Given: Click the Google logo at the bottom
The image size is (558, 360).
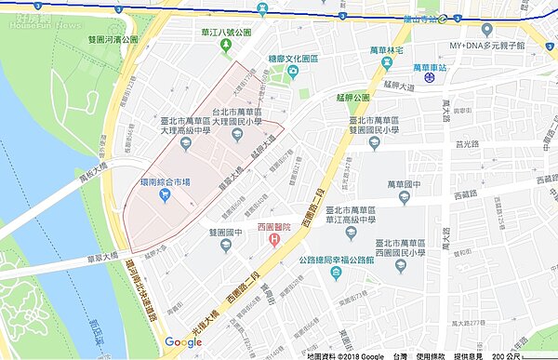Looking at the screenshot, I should click(x=183, y=342).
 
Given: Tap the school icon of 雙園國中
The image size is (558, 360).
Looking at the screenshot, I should click(x=226, y=245).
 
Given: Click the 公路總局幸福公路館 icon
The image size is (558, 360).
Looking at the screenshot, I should click(x=400, y=266).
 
